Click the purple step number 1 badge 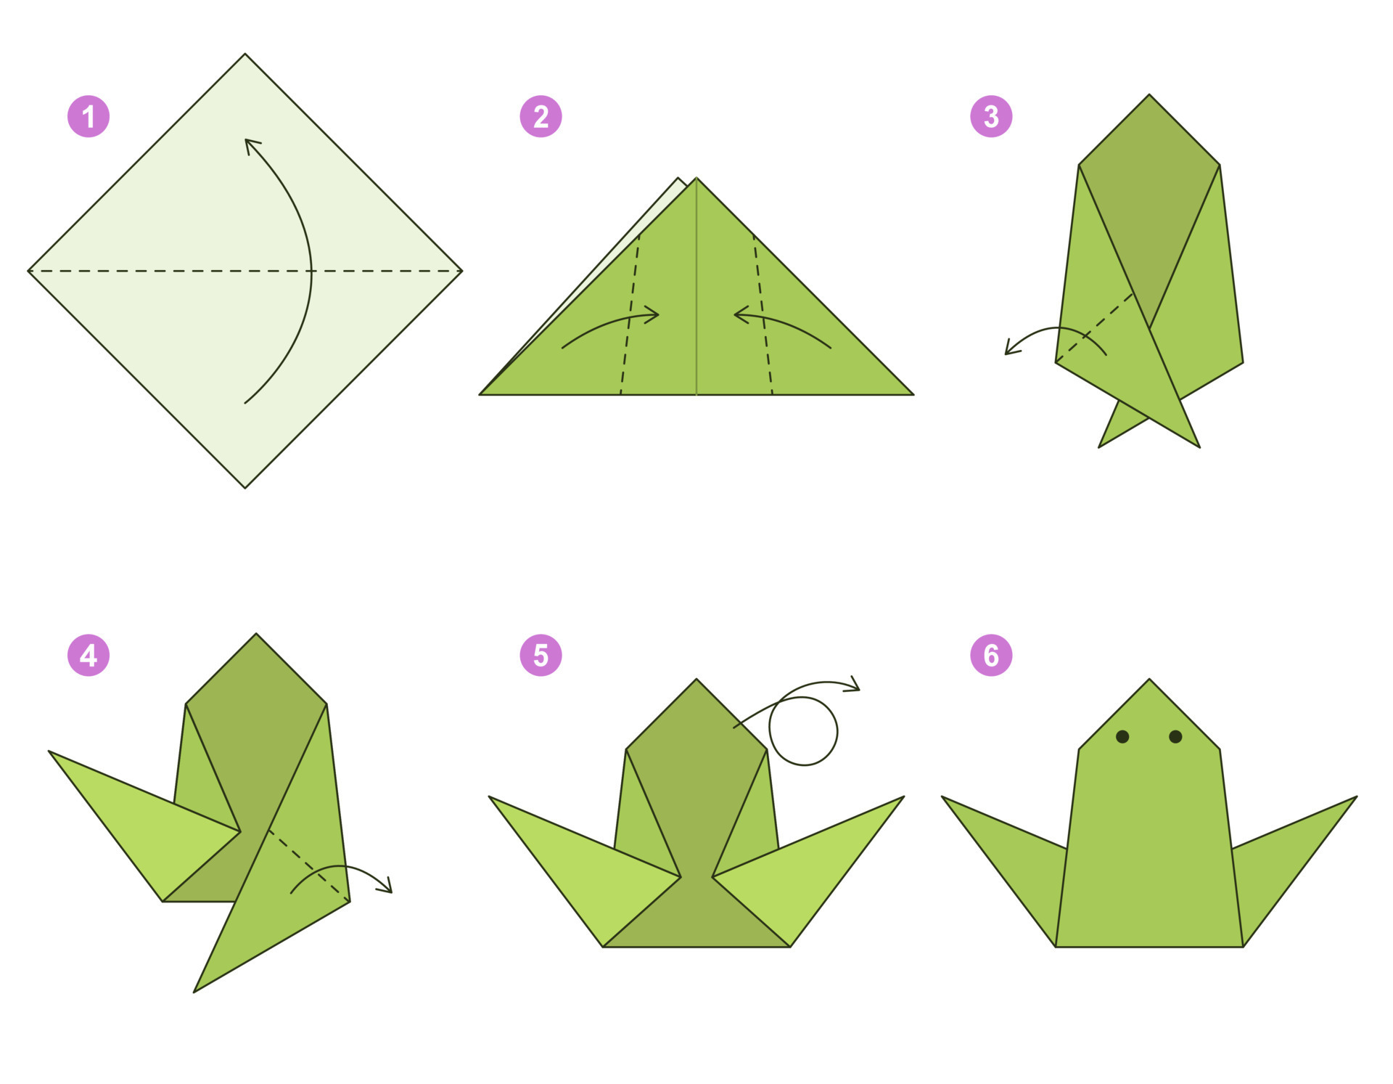pos(89,116)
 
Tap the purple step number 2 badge pos(541,116)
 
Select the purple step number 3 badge pos(991,116)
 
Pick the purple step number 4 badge pos(89,655)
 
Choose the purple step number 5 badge pos(541,655)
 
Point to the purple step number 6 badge pos(991,655)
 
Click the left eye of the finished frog pos(1122,737)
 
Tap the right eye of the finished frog pos(1176,737)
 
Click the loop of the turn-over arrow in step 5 pos(804,731)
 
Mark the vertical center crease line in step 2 pos(696,290)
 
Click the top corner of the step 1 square pos(245,54)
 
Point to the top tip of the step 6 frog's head pos(1149,680)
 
